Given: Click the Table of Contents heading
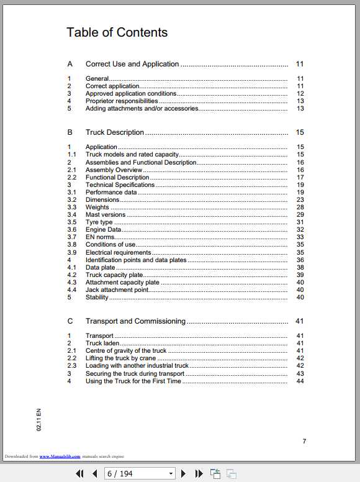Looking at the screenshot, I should point(117,32).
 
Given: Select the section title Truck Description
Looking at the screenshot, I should point(114,132).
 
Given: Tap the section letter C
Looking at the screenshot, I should point(70,321).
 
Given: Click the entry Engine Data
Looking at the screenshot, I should point(103,230).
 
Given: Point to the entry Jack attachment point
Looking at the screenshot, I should point(117,289).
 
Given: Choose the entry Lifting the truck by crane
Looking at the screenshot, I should point(120,358).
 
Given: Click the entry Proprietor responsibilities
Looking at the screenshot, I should point(122,101).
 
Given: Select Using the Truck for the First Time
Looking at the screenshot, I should point(133,381).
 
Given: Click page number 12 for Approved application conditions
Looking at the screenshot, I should point(300,93).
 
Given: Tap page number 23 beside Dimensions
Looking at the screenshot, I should point(300,200).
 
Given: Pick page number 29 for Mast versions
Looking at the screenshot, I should point(300,215).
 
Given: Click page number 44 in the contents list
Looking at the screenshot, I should point(300,381).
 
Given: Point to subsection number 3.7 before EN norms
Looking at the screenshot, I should point(72,237).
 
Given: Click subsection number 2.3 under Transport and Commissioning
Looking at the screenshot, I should point(72,366).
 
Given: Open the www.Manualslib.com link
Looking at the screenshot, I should point(60,457).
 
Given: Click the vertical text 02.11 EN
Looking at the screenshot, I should point(38,421).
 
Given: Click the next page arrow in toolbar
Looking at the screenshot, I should point(183,473).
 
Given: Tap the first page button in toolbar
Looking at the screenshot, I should point(79,473).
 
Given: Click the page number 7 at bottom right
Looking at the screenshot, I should point(304,441).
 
